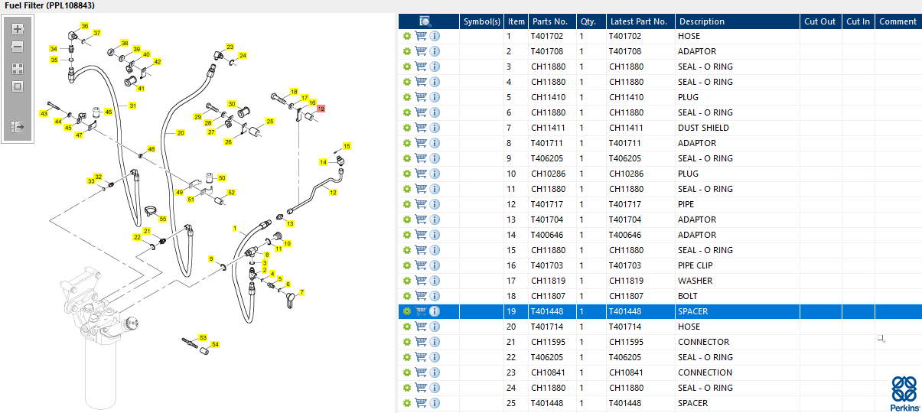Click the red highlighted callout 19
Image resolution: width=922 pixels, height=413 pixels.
[x=321, y=109]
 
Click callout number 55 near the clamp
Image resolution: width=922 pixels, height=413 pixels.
[x=163, y=219]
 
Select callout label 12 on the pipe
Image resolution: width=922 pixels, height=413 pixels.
[x=333, y=193]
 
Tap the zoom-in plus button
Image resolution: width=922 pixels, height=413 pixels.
[x=18, y=29]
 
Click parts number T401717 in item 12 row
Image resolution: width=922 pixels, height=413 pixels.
[x=546, y=204]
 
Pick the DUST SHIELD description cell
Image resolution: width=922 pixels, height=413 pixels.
[x=703, y=128]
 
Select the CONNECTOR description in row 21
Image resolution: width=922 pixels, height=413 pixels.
[x=703, y=342]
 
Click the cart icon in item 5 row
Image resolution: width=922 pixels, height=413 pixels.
[x=421, y=97]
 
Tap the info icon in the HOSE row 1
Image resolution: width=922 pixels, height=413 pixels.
[x=435, y=36]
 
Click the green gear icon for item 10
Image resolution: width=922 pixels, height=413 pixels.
[x=407, y=174]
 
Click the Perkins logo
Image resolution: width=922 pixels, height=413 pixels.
[x=904, y=394]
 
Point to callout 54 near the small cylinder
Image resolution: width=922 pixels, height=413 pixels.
[x=215, y=344]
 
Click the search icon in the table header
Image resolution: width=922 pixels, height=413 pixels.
[x=425, y=21]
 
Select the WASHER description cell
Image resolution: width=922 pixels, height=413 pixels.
[x=695, y=281]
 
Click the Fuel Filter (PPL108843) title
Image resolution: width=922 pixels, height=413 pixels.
[x=50, y=5]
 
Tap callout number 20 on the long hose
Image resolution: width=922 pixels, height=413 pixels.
[x=181, y=133]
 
